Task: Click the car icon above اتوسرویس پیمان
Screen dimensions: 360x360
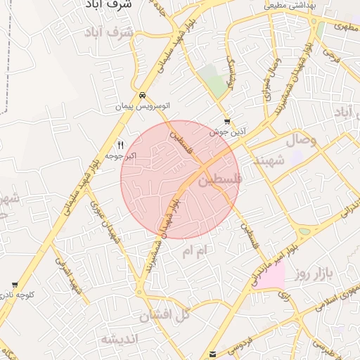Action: coord(143,95)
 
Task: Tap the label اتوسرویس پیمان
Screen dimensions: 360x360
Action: coord(143,106)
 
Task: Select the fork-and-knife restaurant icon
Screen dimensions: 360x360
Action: coord(120,144)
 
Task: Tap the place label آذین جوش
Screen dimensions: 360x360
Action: coord(226,131)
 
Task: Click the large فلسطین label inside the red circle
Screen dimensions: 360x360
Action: coord(218,180)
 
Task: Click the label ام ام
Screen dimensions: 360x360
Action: coord(195,251)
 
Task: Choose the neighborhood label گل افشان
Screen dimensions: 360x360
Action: coord(165,315)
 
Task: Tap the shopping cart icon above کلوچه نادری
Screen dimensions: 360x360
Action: coord(15,285)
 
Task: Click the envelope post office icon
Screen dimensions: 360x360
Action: coord(213,354)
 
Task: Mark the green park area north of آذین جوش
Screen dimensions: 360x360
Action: coord(214,79)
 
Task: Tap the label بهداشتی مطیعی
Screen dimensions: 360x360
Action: coord(290,5)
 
